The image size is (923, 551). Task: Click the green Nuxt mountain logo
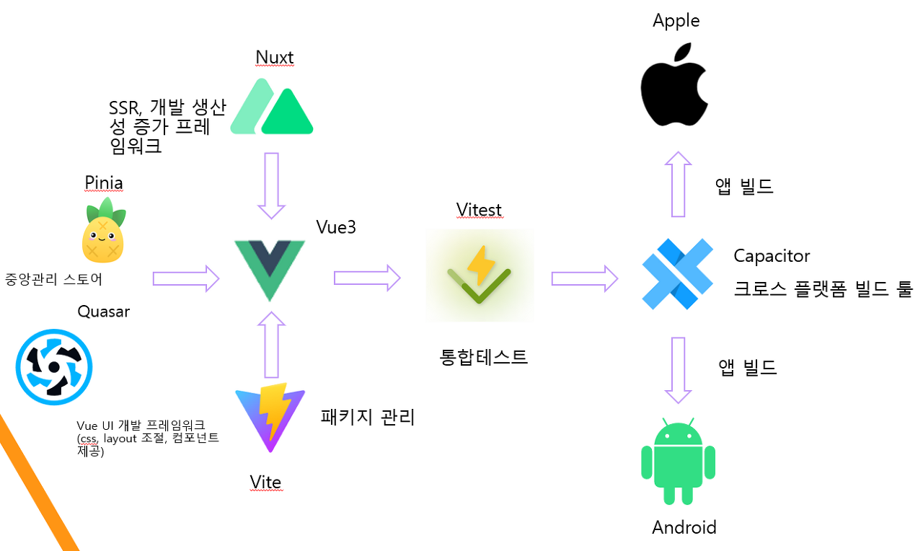click(272, 107)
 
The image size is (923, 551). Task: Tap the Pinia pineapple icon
click(103, 231)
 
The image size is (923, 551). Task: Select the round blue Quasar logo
click(54, 364)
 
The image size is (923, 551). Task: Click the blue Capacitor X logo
click(677, 274)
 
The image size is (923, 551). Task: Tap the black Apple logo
click(674, 85)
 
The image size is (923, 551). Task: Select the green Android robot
click(678, 461)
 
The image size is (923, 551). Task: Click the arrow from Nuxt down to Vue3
click(272, 185)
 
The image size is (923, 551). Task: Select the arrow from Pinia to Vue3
click(186, 278)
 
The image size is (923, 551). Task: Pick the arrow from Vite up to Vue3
click(271, 345)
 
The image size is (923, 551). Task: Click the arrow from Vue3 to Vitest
click(367, 278)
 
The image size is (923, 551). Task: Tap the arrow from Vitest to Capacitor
click(585, 278)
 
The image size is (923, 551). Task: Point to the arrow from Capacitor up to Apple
click(678, 184)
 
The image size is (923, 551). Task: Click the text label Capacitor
click(772, 256)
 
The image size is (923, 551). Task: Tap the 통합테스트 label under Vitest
click(484, 356)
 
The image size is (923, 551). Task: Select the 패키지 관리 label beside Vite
click(368, 417)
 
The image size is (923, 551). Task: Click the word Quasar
click(104, 312)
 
